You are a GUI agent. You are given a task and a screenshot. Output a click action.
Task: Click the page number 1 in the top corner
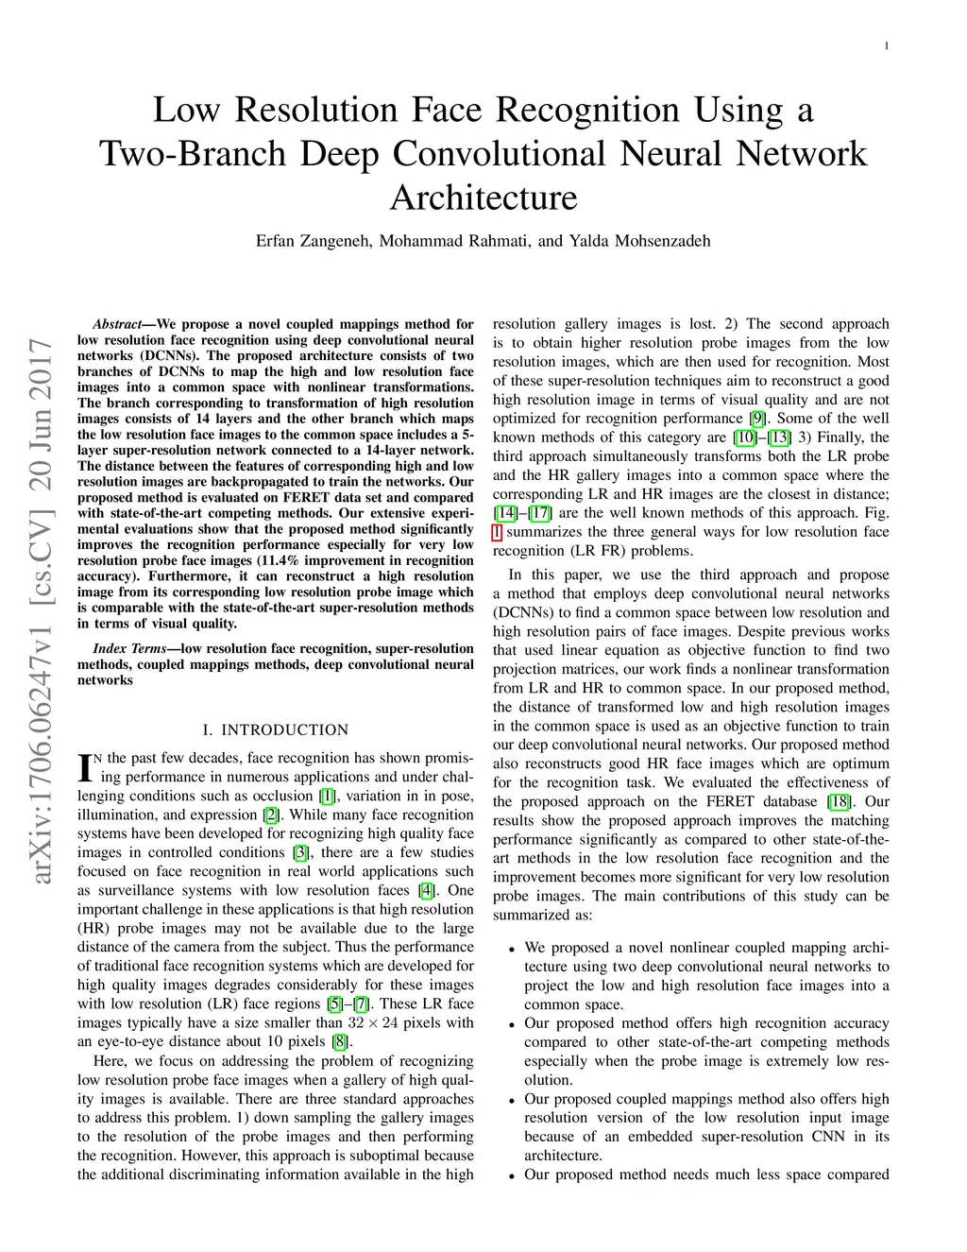click(x=887, y=46)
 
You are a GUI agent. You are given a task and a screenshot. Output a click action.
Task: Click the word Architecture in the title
click(x=483, y=197)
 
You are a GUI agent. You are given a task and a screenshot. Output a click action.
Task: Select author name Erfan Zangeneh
click(x=314, y=241)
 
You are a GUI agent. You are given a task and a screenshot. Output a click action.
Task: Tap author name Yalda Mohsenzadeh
click(x=639, y=241)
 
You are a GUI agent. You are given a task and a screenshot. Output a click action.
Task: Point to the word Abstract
click(x=116, y=324)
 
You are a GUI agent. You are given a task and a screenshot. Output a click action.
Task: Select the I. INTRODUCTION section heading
click(x=276, y=730)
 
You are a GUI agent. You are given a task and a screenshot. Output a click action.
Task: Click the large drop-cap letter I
click(x=85, y=767)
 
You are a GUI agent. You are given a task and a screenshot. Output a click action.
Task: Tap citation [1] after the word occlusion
click(x=327, y=796)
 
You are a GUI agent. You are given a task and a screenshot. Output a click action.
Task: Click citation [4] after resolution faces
click(x=427, y=890)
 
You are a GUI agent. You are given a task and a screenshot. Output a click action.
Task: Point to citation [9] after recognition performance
click(x=757, y=419)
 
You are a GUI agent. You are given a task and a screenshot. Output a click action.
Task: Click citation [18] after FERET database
click(x=839, y=801)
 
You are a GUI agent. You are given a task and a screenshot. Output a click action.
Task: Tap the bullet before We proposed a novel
click(x=511, y=949)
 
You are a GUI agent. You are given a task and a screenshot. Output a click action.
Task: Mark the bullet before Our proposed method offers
click(x=511, y=1024)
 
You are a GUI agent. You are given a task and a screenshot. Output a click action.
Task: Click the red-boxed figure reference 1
click(x=498, y=532)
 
